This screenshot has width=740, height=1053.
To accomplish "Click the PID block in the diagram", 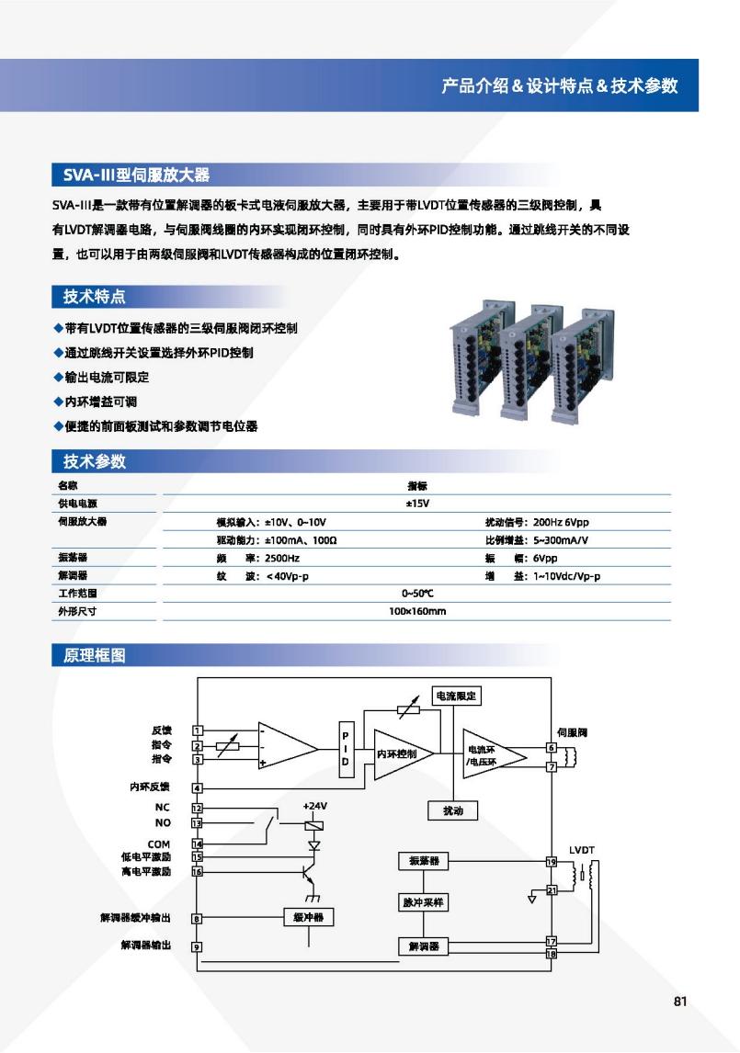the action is point(346,749).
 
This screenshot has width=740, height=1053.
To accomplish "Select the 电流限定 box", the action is point(456,696).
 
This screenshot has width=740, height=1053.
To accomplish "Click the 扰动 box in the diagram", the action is point(453,810).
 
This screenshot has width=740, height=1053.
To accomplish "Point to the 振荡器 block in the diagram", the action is point(424,861).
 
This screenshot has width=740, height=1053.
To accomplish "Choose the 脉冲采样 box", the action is point(424,902).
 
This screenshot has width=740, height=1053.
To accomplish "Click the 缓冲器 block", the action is point(309,917).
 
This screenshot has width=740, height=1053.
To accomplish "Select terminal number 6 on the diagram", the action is point(552,747).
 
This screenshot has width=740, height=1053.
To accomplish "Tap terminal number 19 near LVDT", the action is point(552,862).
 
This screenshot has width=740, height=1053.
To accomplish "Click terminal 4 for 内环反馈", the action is point(198,787).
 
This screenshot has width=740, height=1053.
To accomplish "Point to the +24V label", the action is point(314,806).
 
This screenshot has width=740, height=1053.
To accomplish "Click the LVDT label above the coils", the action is point(581,850).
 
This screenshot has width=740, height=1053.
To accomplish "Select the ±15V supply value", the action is point(416,504).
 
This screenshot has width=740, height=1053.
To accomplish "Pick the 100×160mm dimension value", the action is point(416,611).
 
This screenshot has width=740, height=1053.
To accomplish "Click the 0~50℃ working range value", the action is point(417,593).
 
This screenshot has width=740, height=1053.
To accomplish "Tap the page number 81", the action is point(680,1002).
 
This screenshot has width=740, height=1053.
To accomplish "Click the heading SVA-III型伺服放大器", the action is point(136,175).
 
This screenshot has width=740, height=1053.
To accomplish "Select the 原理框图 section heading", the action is point(94,655).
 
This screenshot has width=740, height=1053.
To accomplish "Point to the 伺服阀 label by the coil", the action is point(572,732).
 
